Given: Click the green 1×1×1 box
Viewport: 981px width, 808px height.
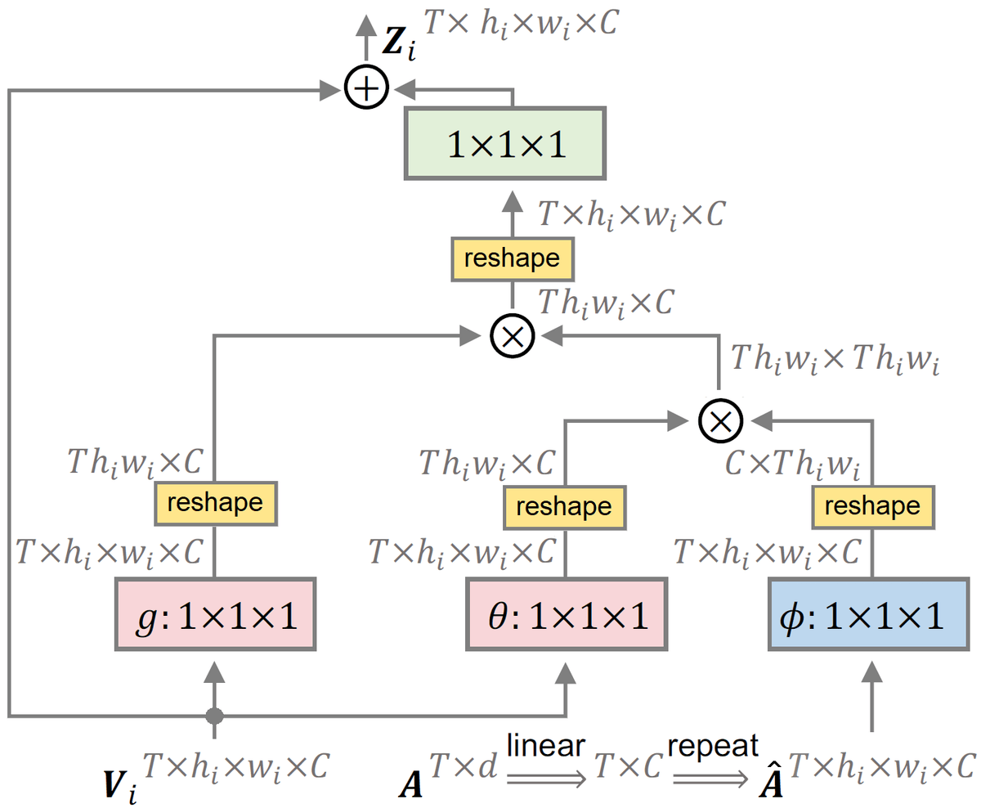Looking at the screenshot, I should (504, 143).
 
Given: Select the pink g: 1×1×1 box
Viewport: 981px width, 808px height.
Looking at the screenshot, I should (216, 615).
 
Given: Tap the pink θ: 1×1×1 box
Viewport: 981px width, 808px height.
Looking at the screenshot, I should (566, 615).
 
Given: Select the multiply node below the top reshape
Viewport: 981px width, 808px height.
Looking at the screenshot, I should (513, 333).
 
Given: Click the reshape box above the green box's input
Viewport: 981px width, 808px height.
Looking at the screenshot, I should (512, 258).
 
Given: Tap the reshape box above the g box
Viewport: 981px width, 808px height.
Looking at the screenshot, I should (216, 502).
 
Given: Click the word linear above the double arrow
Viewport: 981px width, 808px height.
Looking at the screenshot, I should (545, 745).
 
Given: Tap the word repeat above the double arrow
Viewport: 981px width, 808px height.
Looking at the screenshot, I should (713, 745).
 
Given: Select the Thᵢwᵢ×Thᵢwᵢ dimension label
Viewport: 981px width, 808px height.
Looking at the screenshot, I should (834, 359).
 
